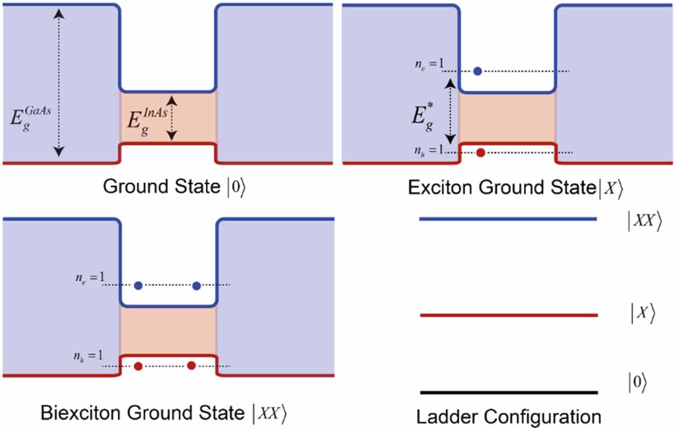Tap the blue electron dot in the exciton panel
tap(478, 71)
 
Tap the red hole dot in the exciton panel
tap(480, 152)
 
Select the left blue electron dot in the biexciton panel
tap(138, 286)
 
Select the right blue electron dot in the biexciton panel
tap(196, 286)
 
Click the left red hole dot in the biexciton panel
tap(138, 366)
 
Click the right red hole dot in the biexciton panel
tap(191, 366)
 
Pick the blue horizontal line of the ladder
tap(508, 220)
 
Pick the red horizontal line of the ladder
tap(508, 315)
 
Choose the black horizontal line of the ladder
tap(508, 392)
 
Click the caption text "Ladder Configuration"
tap(508, 416)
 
